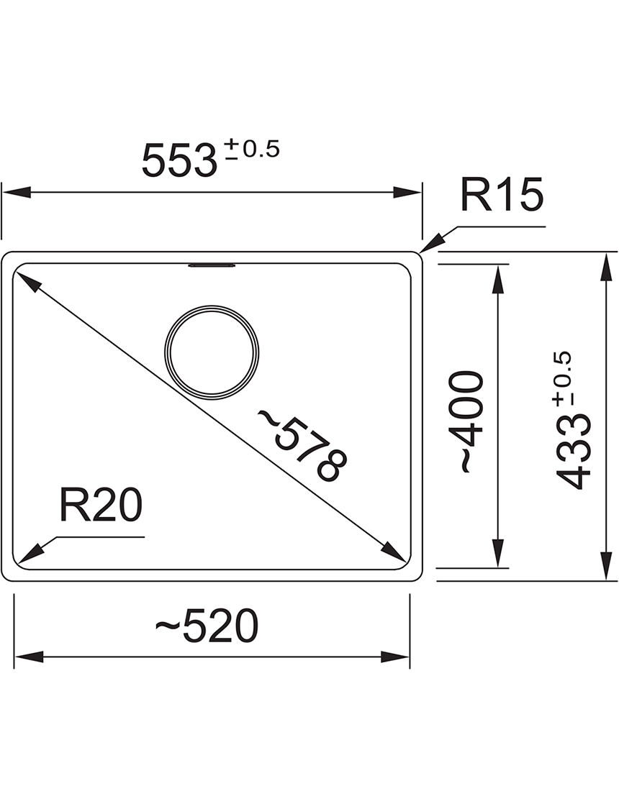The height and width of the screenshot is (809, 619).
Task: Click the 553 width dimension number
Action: tap(179, 160)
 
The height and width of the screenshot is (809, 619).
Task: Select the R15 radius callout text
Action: tap(502, 194)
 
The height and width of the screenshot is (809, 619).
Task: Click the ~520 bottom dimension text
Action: tap(207, 626)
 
